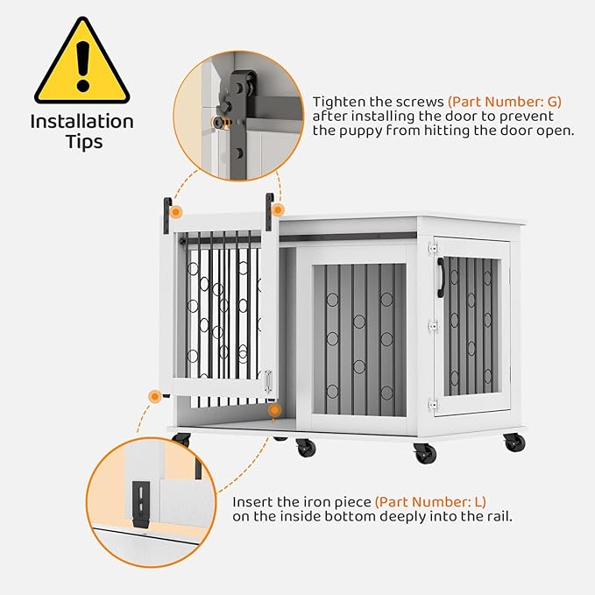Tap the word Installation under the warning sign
coord(81,122)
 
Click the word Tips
coord(81,142)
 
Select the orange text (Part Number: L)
coord(430,502)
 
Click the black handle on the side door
coord(441,277)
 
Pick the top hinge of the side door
coord(431,249)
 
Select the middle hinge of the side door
coord(431,327)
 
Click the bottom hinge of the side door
coord(431,404)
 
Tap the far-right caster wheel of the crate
coord(514,443)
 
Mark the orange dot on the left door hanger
coord(176,212)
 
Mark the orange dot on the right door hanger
coord(278,210)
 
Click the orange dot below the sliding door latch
coord(274,410)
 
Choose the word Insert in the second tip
coord(252,502)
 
